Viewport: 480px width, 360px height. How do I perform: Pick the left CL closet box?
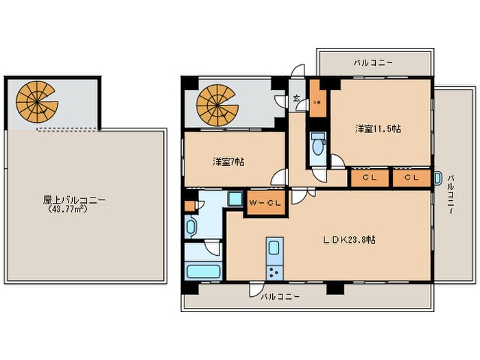coord(370,178)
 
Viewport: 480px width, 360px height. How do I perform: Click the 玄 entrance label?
coord(296,99)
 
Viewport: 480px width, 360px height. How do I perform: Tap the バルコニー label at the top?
coord(373,62)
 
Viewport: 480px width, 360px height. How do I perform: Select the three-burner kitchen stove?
coord(274,272)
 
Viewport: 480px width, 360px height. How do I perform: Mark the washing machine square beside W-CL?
coord(235,200)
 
